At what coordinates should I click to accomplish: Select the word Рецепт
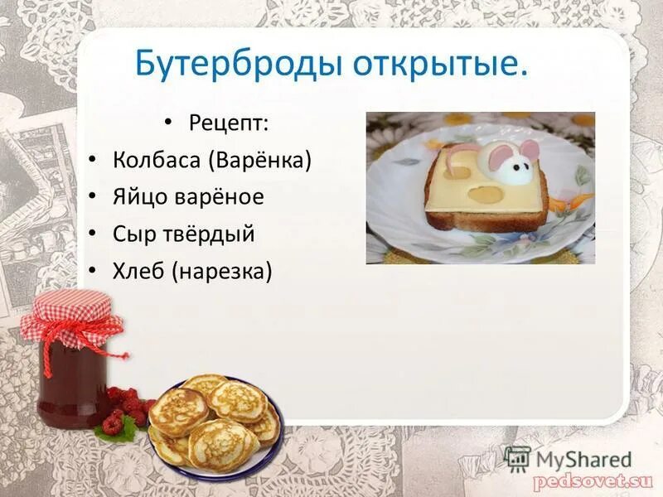pos(228,123)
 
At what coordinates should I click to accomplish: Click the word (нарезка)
pos(222,271)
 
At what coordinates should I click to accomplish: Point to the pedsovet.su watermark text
pos(593,480)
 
